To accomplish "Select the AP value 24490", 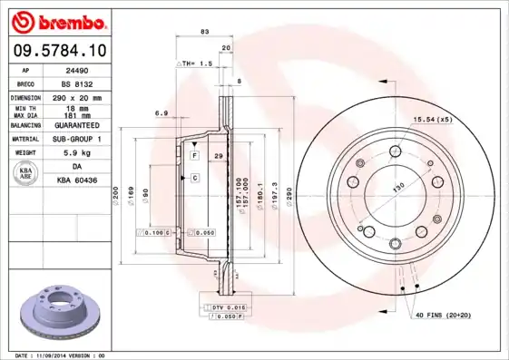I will pyautogui.click(x=77, y=69).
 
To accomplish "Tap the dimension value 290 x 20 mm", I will pyautogui.click(x=77, y=96).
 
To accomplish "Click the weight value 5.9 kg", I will pyautogui.click(x=77, y=152).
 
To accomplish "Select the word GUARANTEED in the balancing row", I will pyautogui.click(x=77, y=124).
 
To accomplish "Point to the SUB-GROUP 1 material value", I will pyautogui.click(x=77, y=139).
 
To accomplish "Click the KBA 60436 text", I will pyautogui.click(x=77, y=180).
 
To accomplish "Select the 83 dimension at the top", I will pyautogui.click(x=204, y=32).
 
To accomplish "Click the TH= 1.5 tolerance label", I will pyautogui.click(x=196, y=64).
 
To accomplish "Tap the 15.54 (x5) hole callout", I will pyautogui.click(x=433, y=120).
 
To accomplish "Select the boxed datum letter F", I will pyautogui.click(x=194, y=156).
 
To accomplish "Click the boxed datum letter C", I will pyautogui.click(x=194, y=178).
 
